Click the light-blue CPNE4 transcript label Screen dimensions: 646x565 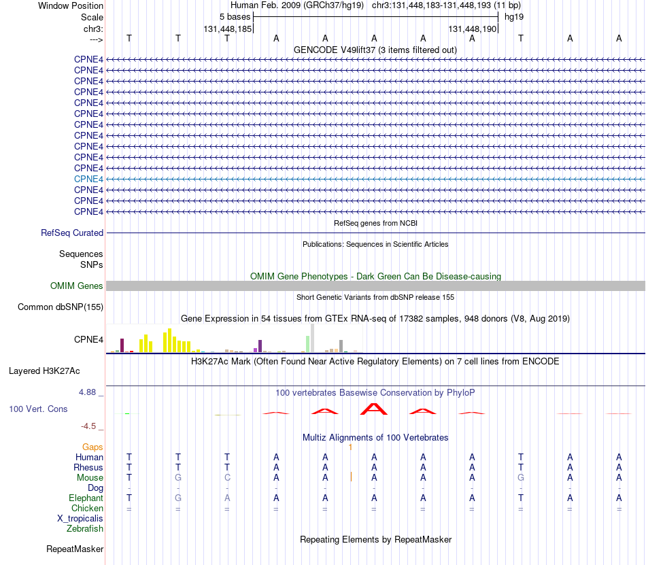coord(88,179)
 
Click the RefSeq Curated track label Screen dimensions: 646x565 coord(72,233)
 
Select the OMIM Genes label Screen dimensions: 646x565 coord(77,286)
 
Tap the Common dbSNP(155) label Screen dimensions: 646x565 coord(61,307)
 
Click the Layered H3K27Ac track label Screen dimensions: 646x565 coord(44,371)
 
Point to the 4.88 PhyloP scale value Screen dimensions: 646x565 coord(87,392)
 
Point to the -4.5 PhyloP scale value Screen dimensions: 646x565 coord(88,426)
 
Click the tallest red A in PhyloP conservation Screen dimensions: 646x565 coord(374,409)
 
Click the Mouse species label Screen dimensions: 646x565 coord(90,478)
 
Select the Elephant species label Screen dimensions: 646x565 coord(86,498)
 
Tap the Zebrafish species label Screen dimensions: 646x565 coord(85,528)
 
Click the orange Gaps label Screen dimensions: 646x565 coord(92,447)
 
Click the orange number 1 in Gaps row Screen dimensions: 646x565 coord(350,447)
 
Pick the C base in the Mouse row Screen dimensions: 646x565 coord(227,478)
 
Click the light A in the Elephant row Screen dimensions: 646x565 coord(227,498)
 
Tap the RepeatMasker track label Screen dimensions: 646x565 coord(75,549)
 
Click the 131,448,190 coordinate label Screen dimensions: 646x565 coord(472,29)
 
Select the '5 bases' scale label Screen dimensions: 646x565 coord(235,17)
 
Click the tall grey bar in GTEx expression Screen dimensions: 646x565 coord(312,338)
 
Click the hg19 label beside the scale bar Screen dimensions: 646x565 coord(514,17)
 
